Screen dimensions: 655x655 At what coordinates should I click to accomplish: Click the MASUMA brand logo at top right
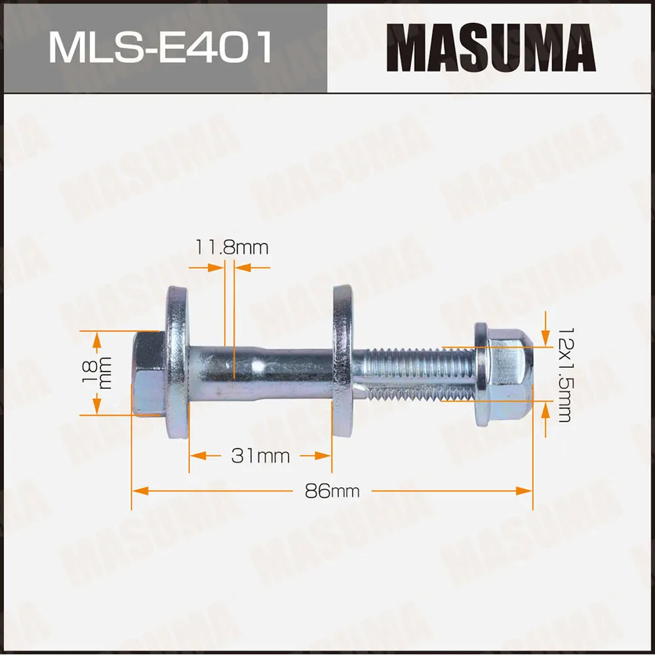tap(490, 47)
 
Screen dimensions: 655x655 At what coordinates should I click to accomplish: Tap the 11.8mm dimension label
tap(231, 247)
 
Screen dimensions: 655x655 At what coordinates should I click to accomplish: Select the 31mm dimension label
tap(260, 456)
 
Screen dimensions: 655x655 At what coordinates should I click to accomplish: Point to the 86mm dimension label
tap(332, 490)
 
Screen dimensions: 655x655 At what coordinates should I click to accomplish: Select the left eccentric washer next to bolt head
tap(177, 363)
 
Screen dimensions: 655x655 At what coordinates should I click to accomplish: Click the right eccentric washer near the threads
tap(342, 363)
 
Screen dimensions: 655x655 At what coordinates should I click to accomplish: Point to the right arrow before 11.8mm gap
tap(215, 268)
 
